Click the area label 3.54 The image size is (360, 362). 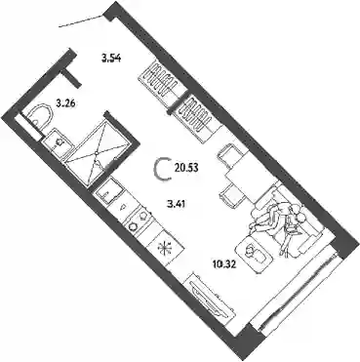click(x=111, y=59)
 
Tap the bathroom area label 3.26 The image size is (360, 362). click(x=66, y=104)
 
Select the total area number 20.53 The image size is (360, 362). click(x=186, y=168)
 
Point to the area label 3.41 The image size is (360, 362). click(x=176, y=204)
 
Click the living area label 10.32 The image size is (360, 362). click(x=223, y=264)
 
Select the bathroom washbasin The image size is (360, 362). click(x=57, y=142)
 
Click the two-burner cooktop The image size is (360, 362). click(x=139, y=221)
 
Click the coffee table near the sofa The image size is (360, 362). click(x=254, y=254)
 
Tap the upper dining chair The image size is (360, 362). click(x=230, y=154)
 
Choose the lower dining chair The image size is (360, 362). click(x=232, y=195)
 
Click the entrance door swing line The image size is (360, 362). click(x=81, y=21)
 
